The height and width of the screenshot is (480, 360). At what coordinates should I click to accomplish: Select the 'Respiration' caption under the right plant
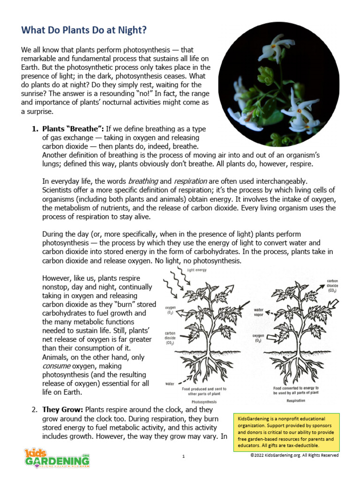(296, 401)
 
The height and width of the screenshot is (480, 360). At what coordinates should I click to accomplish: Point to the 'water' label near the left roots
(170, 383)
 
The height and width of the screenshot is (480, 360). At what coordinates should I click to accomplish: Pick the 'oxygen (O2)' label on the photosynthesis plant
(170, 310)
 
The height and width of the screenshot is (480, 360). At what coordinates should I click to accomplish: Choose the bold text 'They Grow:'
(63, 409)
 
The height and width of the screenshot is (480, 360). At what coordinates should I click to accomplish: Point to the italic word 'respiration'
(190, 180)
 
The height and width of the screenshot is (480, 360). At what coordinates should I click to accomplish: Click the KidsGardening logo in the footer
(57, 457)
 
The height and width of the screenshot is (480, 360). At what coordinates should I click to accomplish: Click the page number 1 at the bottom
(184, 456)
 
